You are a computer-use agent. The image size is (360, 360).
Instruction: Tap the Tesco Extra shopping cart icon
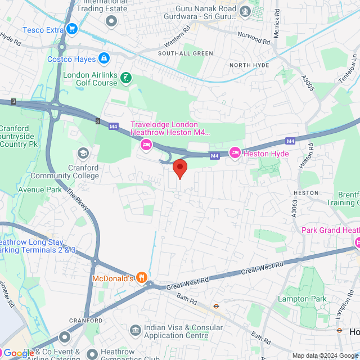(x=71, y=29)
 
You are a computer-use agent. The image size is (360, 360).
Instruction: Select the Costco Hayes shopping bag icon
(x=103, y=58)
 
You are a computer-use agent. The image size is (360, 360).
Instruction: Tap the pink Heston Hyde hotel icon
(x=235, y=153)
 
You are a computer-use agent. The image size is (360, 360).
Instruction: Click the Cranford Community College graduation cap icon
(x=83, y=153)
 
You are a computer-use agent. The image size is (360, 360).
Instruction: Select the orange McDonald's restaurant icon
(x=141, y=277)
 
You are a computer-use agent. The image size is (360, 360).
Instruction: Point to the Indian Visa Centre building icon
(x=135, y=330)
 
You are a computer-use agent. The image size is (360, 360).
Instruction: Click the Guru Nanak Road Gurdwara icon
(x=245, y=10)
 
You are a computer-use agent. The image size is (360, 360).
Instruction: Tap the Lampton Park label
(x=300, y=299)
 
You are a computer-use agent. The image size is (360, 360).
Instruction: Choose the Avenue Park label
(x=40, y=190)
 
